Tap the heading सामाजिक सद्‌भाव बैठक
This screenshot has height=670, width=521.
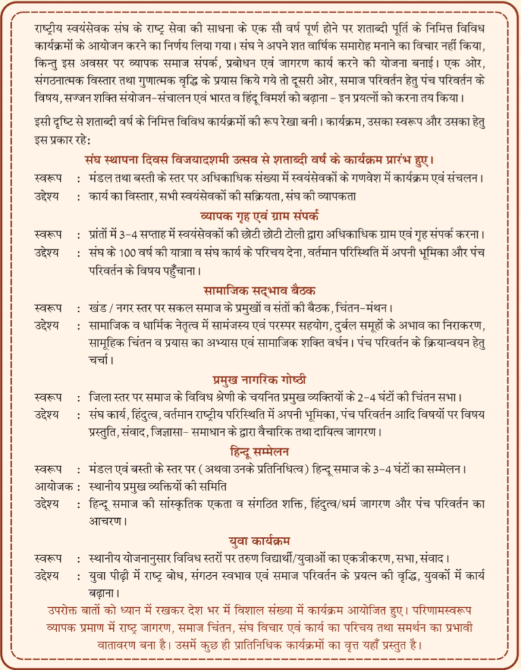tap(260, 289)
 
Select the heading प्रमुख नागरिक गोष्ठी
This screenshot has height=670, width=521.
tap(260, 379)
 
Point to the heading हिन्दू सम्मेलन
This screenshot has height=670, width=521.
tap(260, 452)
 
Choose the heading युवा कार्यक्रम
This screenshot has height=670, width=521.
tap(260, 541)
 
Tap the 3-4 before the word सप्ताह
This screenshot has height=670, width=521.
tap(126, 234)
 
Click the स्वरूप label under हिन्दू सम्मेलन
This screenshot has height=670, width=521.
tap(48, 470)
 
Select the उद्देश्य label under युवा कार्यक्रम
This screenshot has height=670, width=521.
tap(48, 576)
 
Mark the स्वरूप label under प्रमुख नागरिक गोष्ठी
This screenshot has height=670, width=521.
tap(48, 397)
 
